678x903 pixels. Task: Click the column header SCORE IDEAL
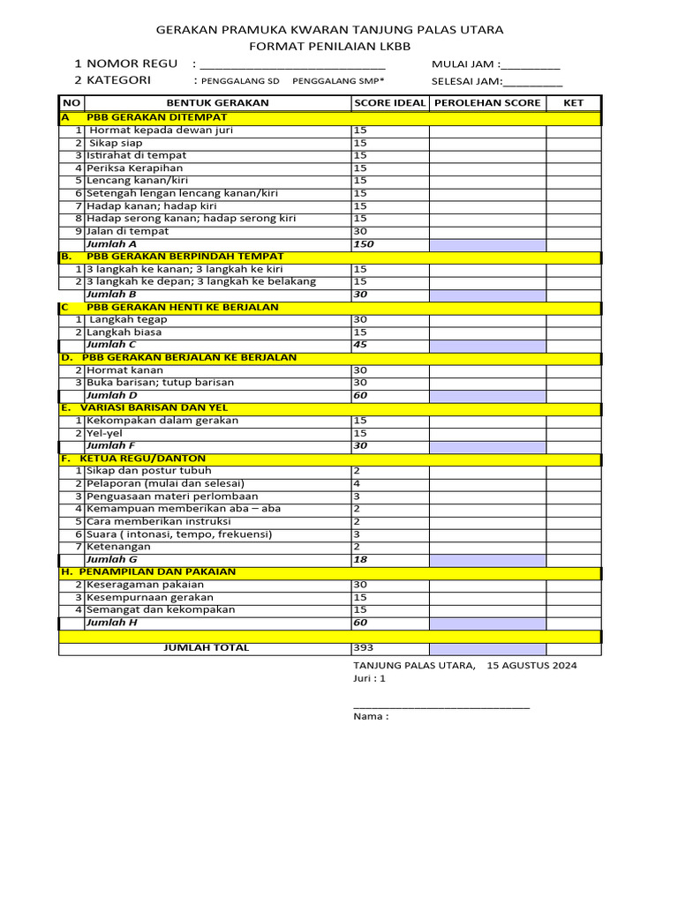coord(389,103)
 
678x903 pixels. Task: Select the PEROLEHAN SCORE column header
coord(486,103)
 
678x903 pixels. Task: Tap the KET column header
coord(574,103)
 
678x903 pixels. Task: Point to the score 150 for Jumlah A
coord(363,244)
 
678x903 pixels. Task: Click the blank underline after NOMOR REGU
coord(293,64)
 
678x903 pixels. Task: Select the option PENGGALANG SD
coord(242,81)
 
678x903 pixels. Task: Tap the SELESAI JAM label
coord(466,81)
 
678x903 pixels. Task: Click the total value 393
coord(363,648)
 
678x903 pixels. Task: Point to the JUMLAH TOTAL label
coord(207,648)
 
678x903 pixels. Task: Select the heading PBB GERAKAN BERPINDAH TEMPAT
coord(185,257)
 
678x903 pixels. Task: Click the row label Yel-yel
coord(104,433)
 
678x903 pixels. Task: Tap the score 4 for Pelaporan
coord(358,484)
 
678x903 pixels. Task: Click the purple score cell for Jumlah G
coord(486,559)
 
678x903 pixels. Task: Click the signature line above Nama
coord(441,707)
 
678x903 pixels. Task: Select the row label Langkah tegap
coord(128,320)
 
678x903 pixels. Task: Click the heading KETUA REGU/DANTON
coord(142,459)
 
